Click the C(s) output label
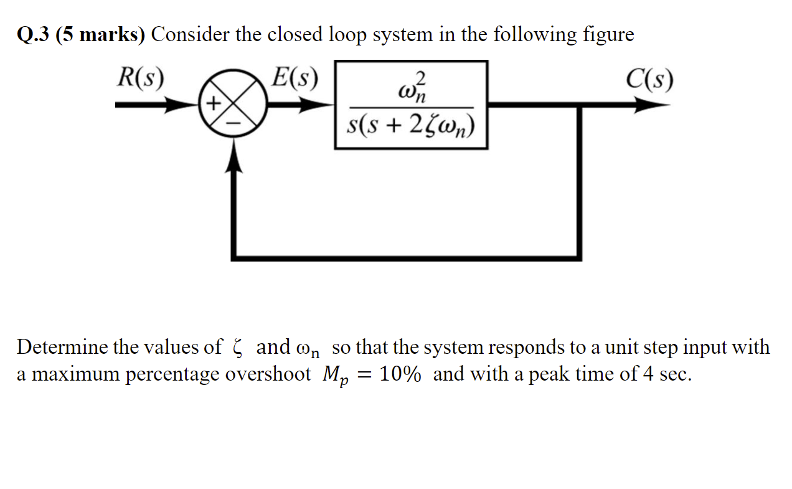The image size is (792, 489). [x=650, y=78]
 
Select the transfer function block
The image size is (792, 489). [x=411, y=105]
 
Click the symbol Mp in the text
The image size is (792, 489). [x=334, y=376]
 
